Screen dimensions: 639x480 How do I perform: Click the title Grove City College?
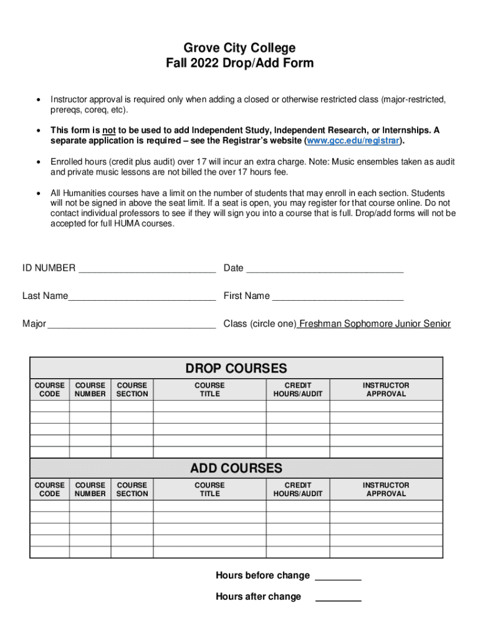[239, 48]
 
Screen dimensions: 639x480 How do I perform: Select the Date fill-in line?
[325, 269]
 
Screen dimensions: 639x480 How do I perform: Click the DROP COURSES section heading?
[236, 368]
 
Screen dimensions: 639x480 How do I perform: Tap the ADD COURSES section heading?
[236, 468]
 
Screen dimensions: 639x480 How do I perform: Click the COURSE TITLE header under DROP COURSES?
[209, 390]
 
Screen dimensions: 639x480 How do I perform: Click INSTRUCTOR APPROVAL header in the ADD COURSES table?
[386, 489]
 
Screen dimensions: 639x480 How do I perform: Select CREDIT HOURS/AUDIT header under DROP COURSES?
[297, 390]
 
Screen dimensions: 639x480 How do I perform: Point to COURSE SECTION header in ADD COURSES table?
[132, 489]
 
